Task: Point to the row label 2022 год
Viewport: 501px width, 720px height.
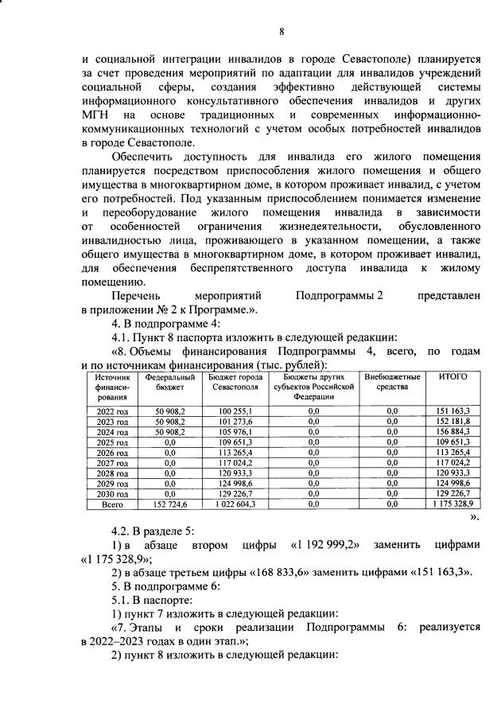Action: tap(111, 410)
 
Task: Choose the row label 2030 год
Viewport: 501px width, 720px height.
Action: tap(111, 493)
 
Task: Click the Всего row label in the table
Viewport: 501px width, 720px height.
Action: tap(111, 504)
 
